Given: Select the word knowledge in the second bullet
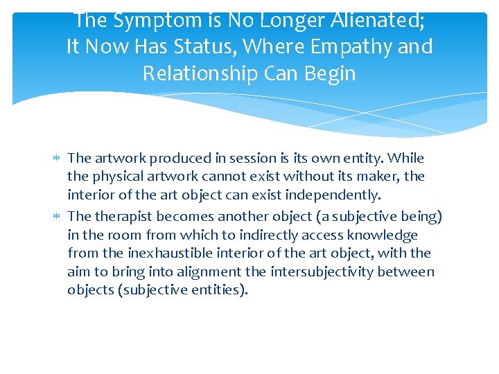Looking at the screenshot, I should click(x=388, y=234).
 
